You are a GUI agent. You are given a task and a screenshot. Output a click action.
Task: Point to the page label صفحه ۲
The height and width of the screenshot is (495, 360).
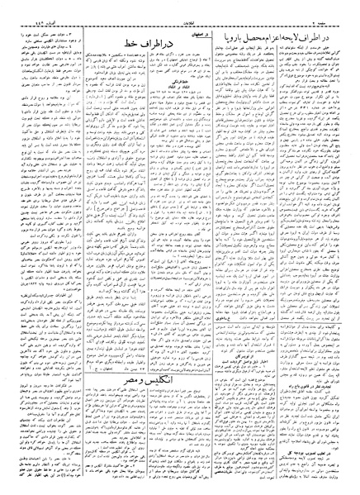pyautogui.click(x=323, y=12)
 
